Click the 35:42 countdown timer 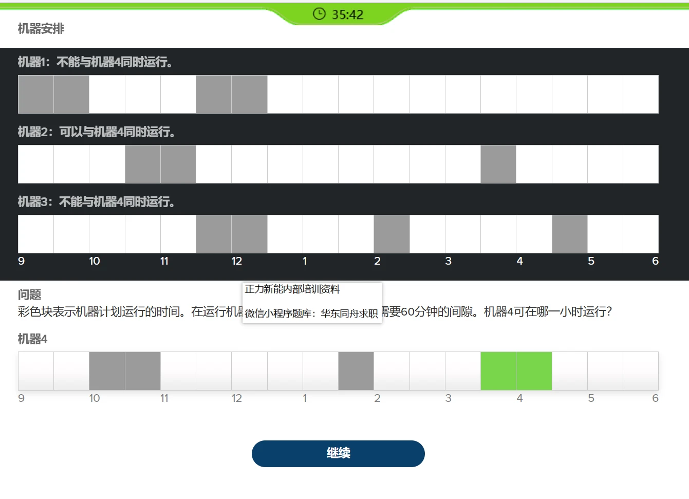(347, 14)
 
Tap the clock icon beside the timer (319, 14)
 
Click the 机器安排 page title (41, 29)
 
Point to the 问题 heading (29, 294)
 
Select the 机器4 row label (32, 339)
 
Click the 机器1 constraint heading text (95, 62)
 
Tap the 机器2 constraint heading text (97, 132)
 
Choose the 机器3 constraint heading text (96, 202)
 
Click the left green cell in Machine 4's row (498, 371)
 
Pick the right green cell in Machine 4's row (534, 371)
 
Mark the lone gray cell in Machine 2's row (498, 164)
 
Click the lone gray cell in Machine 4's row (356, 371)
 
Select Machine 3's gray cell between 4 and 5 (570, 234)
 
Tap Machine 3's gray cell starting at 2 (392, 234)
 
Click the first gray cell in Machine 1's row (36, 94)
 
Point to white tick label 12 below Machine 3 (236, 261)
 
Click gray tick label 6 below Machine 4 (655, 398)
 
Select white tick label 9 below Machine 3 (21, 261)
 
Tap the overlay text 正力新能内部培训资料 (292, 289)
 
